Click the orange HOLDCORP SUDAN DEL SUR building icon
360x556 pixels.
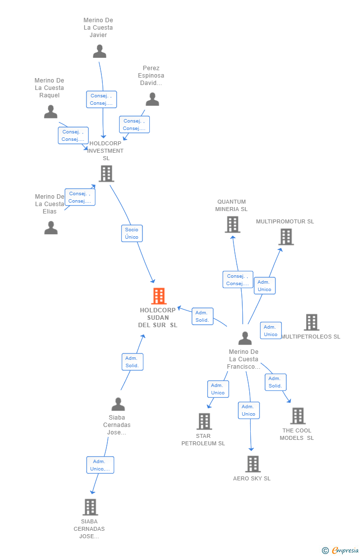tap(159, 296)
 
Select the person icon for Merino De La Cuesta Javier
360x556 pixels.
tap(99, 51)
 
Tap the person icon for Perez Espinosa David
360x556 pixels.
tap(152, 99)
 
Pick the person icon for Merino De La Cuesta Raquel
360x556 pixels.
tap(50, 112)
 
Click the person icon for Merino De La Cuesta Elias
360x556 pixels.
tap(51, 228)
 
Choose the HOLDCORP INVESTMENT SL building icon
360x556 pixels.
tap(106, 173)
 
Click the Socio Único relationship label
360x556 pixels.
tap(132, 233)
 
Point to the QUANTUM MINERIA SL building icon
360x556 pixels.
tap(232, 224)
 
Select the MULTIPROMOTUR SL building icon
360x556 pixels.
tap(286, 237)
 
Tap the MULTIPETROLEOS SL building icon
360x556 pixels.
tap(312, 322)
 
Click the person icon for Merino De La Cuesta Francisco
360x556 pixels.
tap(245, 338)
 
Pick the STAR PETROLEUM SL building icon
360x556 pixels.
tap(204, 422)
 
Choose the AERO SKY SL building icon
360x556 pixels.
tap(253, 464)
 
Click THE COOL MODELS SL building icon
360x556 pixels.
tap(298, 416)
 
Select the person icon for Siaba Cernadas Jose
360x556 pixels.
tap(118, 404)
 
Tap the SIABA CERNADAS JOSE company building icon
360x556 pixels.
tap(90, 507)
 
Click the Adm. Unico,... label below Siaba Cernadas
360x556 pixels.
tap(100, 465)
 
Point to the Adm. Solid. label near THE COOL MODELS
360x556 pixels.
tap(275, 382)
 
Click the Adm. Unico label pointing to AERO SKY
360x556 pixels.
tap(249, 410)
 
